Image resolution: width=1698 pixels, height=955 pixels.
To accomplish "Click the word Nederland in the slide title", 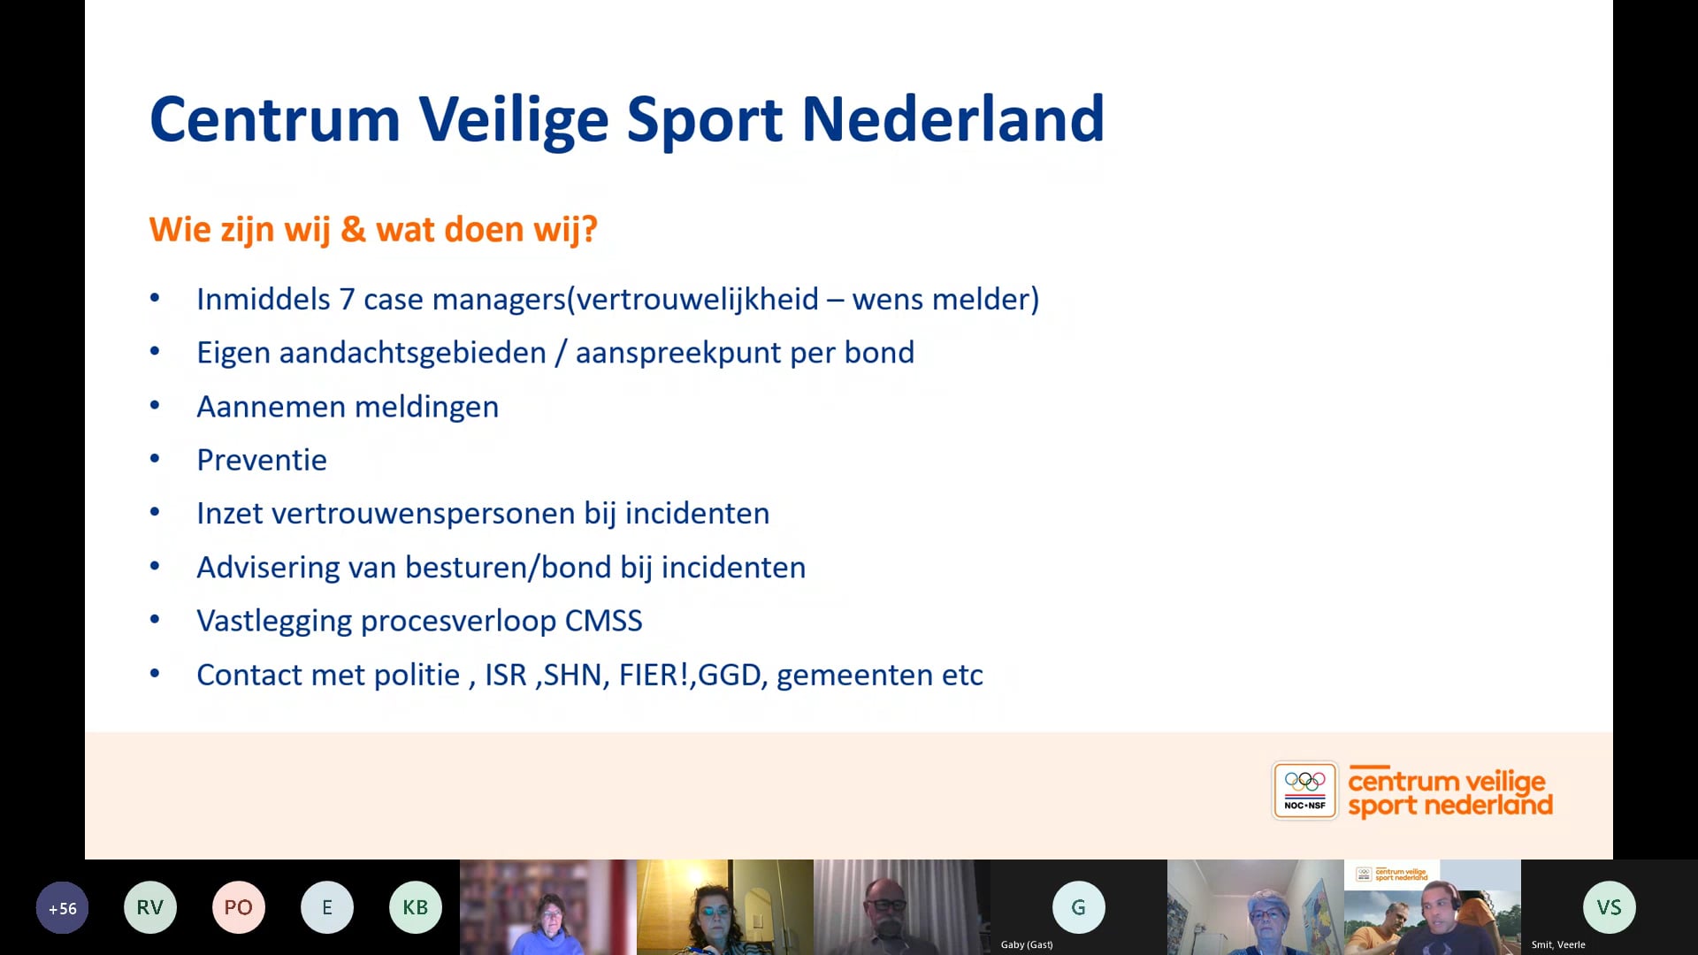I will (x=952, y=119).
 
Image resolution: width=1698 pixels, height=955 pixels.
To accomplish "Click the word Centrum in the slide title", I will (x=274, y=119).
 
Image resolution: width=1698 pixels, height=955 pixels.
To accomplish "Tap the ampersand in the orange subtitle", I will (x=353, y=229).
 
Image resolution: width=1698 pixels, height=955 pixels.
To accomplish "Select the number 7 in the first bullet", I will (x=347, y=300).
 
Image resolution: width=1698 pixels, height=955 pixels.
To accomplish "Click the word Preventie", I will (x=262, y=460).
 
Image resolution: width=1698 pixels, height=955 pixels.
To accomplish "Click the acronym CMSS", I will (x=603, y=621).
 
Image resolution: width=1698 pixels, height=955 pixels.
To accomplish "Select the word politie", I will (x=417, y=675).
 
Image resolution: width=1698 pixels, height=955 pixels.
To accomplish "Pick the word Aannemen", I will (x=271, y=407).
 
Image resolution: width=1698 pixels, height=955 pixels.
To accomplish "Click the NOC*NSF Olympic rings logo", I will (x=1304, y=791).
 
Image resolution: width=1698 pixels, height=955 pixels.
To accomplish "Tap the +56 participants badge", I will (x=62, y=908).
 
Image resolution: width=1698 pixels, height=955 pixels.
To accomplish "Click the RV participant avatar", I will (x=150, y=907).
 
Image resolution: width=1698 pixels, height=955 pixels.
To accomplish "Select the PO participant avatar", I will (x=239, y=907).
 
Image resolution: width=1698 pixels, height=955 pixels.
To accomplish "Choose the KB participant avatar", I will (x=416, y=907).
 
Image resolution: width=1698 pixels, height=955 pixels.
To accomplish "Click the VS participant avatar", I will (x=1609, y=907).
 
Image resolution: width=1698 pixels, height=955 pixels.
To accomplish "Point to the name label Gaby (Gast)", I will (x=1027, y=944).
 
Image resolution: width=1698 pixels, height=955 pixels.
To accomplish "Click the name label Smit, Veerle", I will (x=1558, y=944).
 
